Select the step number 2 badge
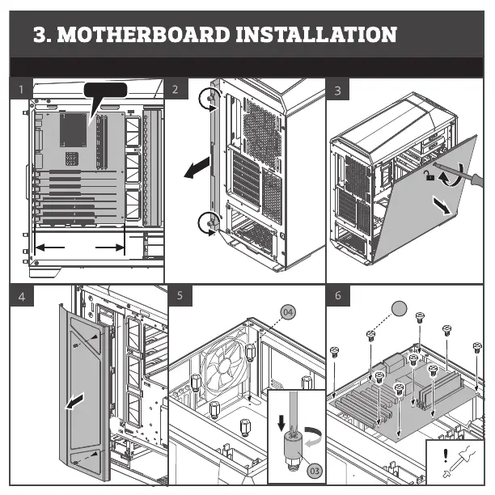tap(176, 88)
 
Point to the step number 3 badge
tap(337, 90)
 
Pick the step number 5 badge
tap(180, 296)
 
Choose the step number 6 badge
tap(337, 296)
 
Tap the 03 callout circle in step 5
tap(315, 469)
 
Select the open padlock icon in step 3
tap(432, 175)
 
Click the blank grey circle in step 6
tap(398, 307)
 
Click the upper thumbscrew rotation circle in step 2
tap(209, 99)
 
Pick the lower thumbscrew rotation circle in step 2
tap(209, 222)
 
